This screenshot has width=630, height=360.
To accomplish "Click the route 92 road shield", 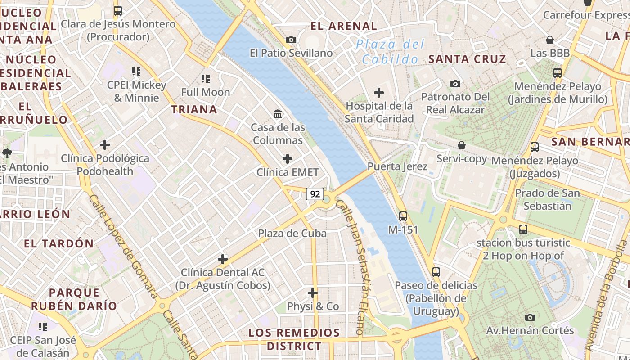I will pyautogui.click(x=315, y=194).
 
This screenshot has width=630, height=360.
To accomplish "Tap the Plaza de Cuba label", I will pyautogui.click(x=292, y=234).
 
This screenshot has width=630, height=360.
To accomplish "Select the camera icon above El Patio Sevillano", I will pyautogui.click(x=291, y=40).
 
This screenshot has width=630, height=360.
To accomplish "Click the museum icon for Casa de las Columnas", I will pyautogui.click(x=278, y=114).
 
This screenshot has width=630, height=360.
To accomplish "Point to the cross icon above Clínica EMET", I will pyautogui.click(x=288, y=159).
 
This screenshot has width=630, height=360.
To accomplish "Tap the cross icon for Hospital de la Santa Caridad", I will pyautogui.click(x=379, y=93).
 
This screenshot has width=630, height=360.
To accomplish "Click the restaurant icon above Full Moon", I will pyautogui.click(x=206, y=79).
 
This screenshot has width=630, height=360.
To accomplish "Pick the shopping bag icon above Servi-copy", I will pyautogui.click(x=462, y=145).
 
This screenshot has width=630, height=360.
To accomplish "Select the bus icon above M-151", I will pyautogui.click(x=403, y=216).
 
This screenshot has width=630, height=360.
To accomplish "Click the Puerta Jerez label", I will pyautogui.click(x=397, y=166).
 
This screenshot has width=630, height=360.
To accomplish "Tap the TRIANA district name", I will pyautogui.click(x=194, y=109).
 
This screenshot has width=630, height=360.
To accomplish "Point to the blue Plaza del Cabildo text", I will pyautogui.click(x=390, y=52).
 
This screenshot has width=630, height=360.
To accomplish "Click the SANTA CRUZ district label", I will pyautogui.click(x=467, y=59).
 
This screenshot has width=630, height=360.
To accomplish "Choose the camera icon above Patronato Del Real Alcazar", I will pyautogui.click(x=455, y=84).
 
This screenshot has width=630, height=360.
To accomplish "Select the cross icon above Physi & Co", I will pyautogui.click(x=313, y=293).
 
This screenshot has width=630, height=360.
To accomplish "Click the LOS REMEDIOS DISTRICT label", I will pyautogui.click(x=294, y=339).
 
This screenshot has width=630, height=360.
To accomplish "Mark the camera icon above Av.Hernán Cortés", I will pyautogui.click(x=530, y=317).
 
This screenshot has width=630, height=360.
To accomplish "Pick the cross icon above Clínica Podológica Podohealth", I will pyautogui.click(x=105, y=145).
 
